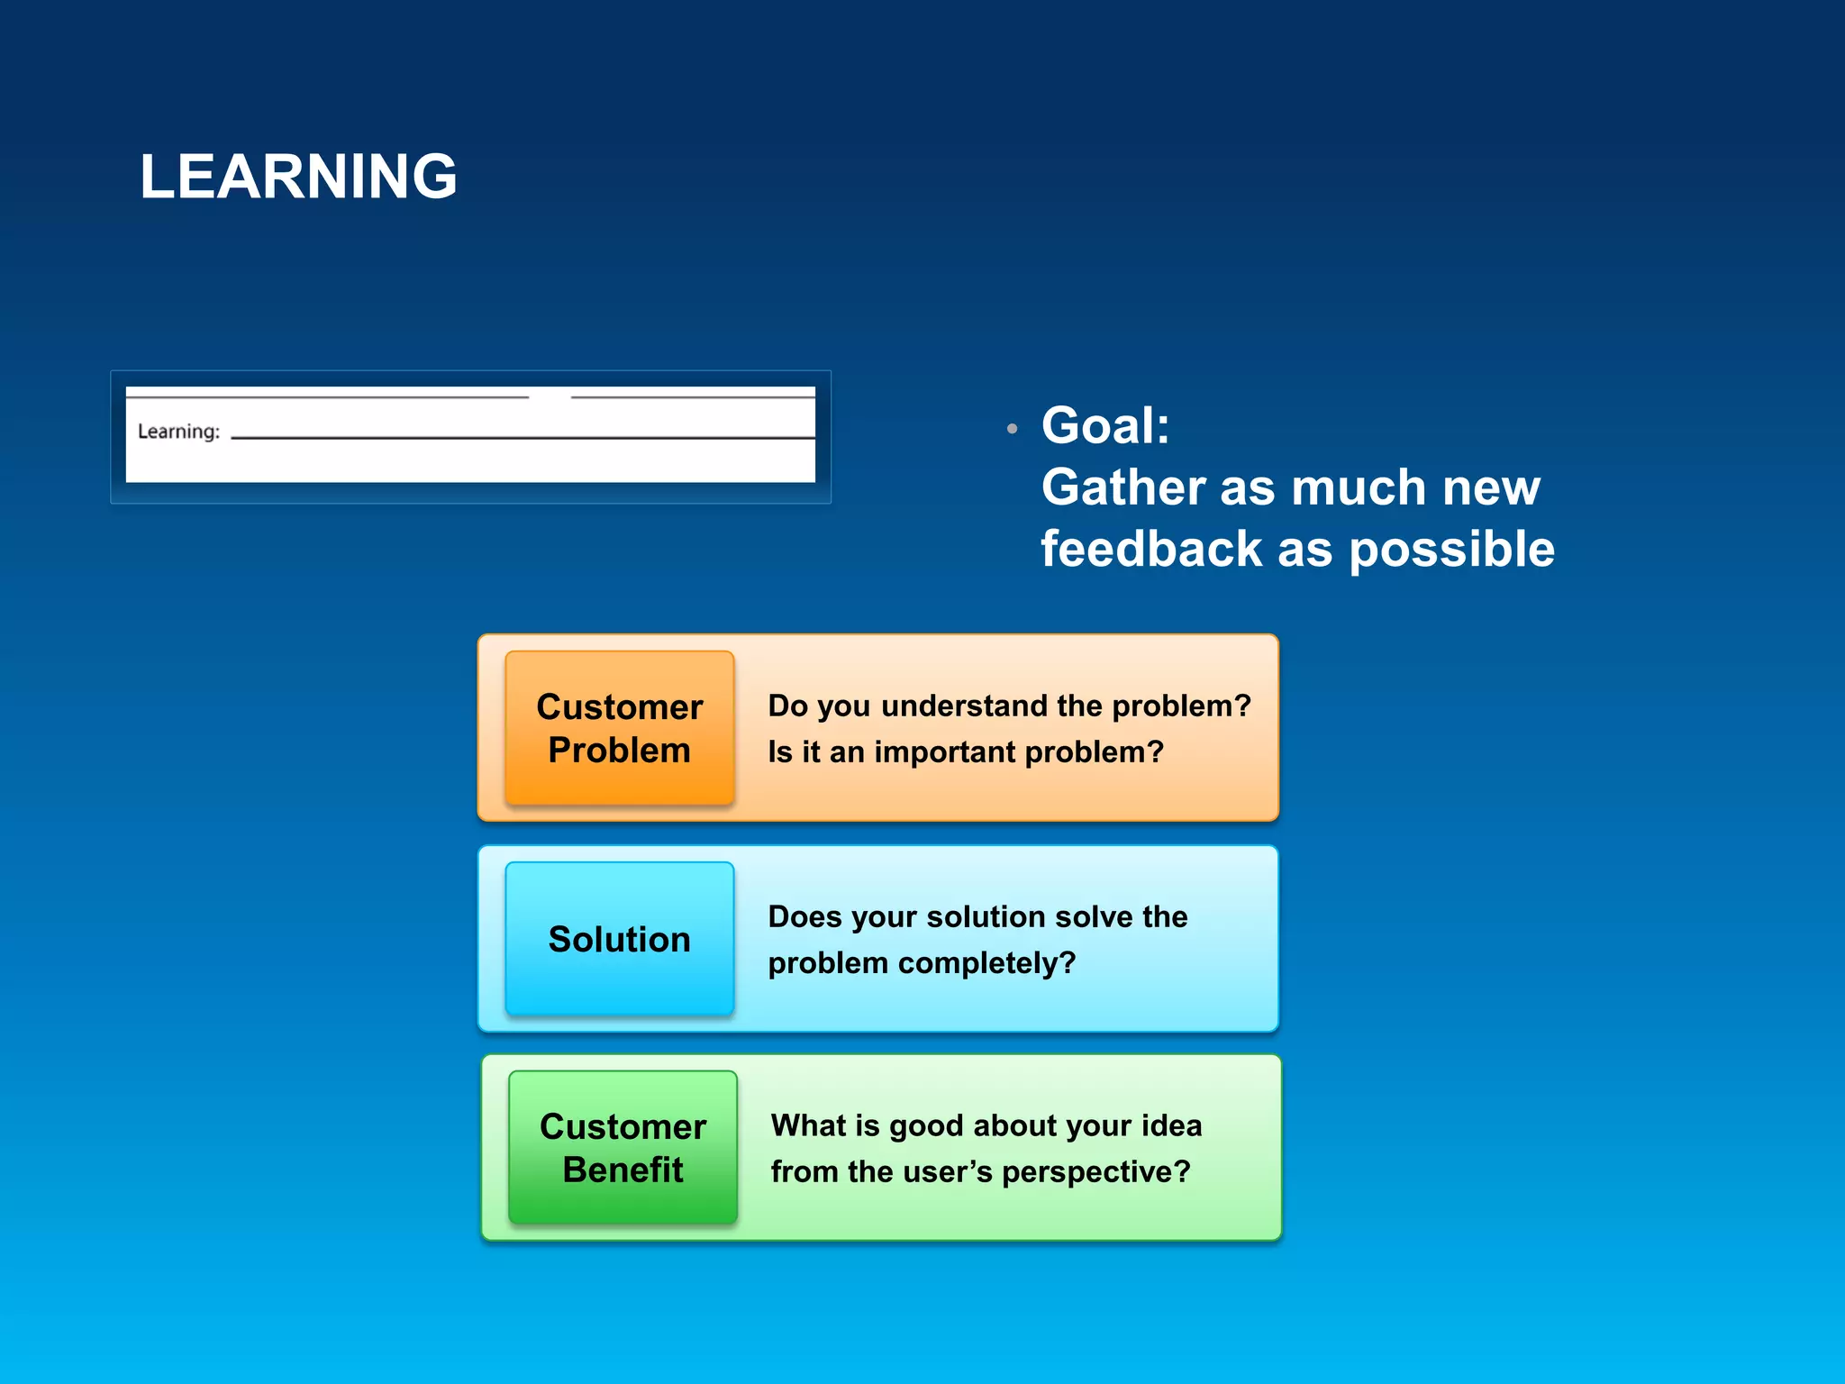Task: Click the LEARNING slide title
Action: point(298,177)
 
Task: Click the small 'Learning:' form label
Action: point(178,432)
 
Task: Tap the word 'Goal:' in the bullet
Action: point(1105,425)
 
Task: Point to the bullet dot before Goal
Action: point(1013,429)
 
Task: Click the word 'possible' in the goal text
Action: point(1451,551)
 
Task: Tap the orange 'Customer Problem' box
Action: point(620,728)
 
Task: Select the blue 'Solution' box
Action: point(620,939)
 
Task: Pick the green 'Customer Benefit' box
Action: point(623,1148)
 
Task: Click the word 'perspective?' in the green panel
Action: point(1096,1172)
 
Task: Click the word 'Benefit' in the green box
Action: point(623,1170)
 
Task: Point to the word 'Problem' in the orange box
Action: point(620,750)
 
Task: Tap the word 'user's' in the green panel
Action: point(948,1172)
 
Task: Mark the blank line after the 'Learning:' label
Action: point(523,437)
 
